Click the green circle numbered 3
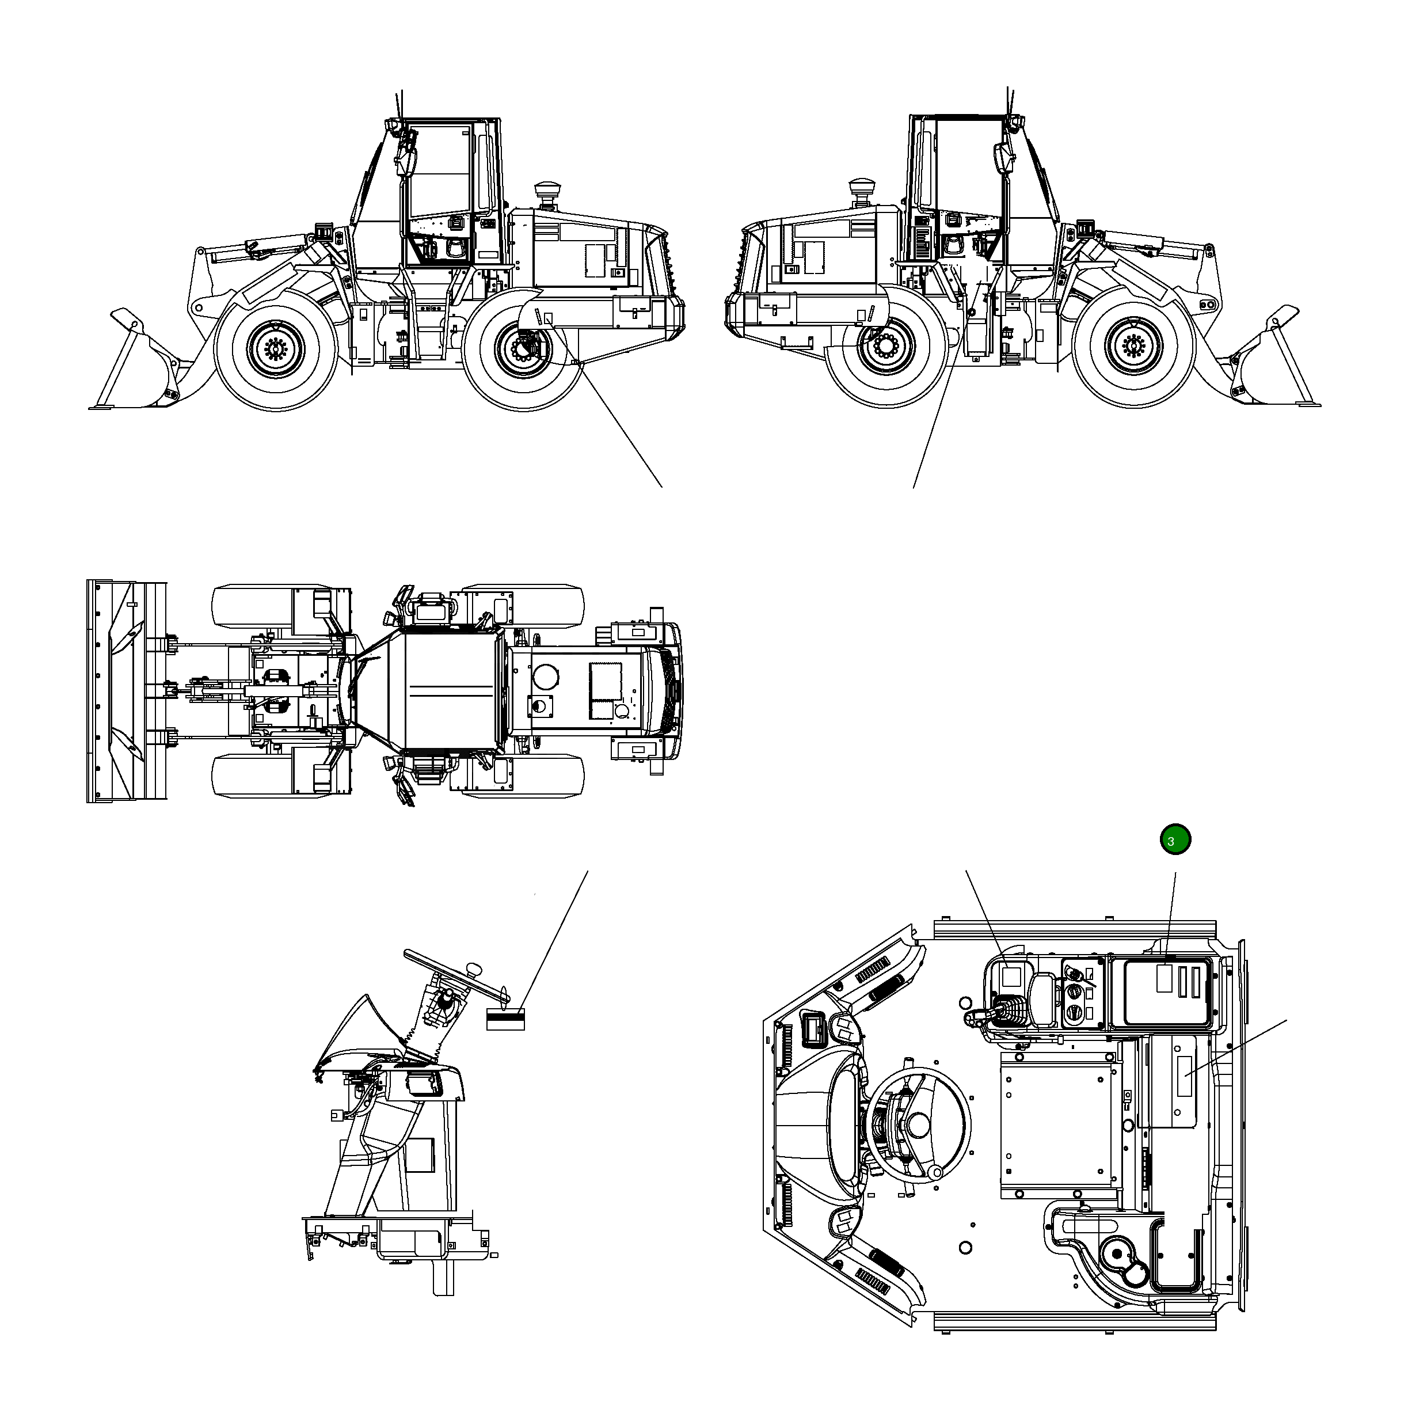1174,839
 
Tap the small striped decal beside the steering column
505,1020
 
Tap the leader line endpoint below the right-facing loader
913,487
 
